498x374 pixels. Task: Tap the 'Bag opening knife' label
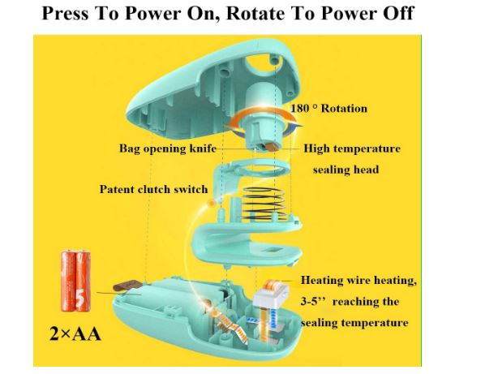click(x=165, y=149)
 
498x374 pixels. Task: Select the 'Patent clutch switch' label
click(x=153, y=189)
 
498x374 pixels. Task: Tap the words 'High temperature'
click(x=352, y=149)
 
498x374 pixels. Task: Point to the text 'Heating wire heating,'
click(x=358, y=281)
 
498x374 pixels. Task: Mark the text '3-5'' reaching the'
click(x=353, y=302)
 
